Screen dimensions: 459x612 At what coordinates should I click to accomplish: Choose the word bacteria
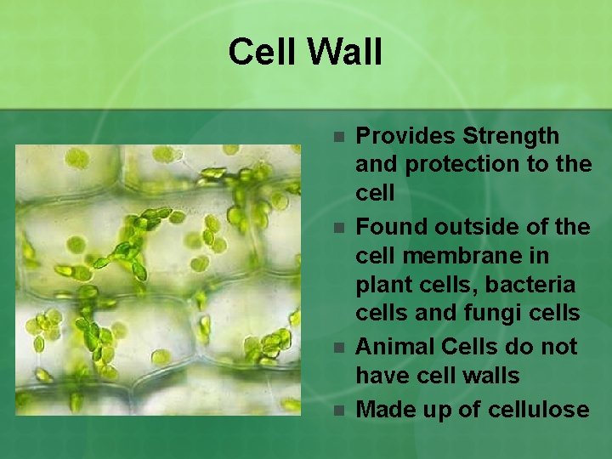click(x=533, y=285)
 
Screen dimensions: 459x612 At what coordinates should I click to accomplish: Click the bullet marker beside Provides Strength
click(x=338, y=136)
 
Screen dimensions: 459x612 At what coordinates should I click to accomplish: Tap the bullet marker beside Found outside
click(x=338, y=228)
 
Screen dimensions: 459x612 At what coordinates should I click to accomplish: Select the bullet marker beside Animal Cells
click(x=338, y=348)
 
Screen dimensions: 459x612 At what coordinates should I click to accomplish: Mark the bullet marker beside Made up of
click(x=338, y=411)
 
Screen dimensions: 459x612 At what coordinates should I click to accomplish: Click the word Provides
click(x=405, y=136)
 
